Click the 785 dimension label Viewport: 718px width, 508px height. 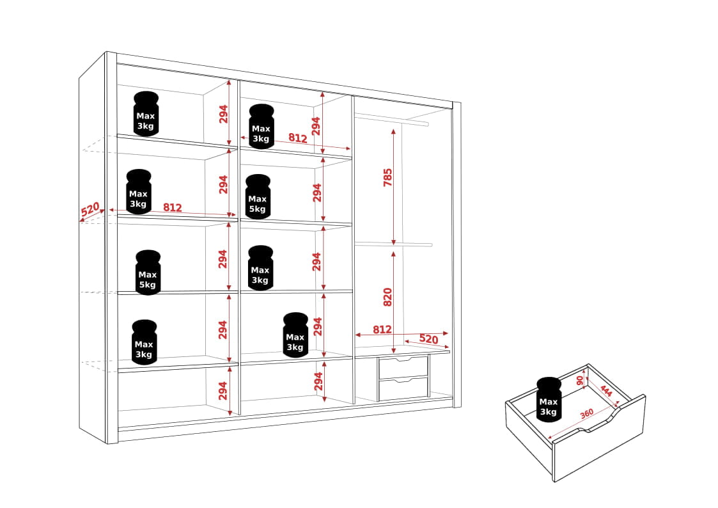tap(388, 178)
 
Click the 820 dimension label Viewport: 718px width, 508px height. tap(388, 297)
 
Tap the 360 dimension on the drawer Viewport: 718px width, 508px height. tap(586, 414)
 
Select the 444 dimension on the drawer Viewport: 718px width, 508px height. tap(606, 391)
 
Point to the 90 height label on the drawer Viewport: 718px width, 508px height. tap(580, 380)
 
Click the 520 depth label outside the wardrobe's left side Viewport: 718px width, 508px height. tap(90, 209)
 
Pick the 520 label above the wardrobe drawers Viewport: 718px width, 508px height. tap(428, 339)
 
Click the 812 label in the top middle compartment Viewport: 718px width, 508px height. tap(298, 138)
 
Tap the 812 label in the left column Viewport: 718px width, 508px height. tap(173, 207)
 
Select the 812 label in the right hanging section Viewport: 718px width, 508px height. tap(382, 329)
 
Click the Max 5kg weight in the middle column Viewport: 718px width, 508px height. tap(258, 196)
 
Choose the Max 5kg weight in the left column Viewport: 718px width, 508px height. tap(148, 273)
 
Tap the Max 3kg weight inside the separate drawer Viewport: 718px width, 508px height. tap(549, 399)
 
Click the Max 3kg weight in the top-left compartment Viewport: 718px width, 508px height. tap(146, 114)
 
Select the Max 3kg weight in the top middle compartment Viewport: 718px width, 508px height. tap(261, 127)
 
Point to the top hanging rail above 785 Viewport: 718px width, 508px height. tap(391, 120)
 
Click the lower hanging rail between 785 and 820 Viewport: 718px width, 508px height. tap(393, 244)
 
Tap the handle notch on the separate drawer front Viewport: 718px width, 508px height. tap(599, 424)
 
